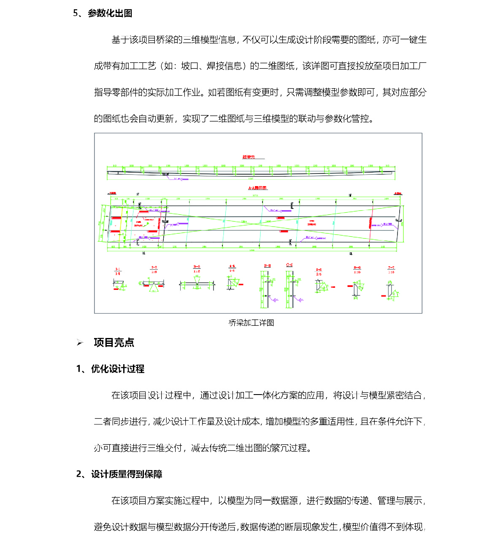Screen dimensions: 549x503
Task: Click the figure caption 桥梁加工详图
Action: point(251,323)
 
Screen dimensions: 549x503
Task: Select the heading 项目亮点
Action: point(114,342)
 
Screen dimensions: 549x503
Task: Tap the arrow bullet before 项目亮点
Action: point(80,343)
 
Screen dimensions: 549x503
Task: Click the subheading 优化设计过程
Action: point(118,369)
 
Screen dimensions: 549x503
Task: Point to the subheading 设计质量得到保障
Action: point(127,474)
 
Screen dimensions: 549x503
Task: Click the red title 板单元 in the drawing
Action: point(249,157)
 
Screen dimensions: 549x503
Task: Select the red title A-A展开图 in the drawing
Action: point(257,188)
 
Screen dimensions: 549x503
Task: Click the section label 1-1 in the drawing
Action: point(118,269)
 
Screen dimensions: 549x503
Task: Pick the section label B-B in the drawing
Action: point(267,265)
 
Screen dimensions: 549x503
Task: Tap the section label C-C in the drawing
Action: point(289,265)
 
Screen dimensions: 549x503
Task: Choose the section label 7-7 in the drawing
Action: point(391,268)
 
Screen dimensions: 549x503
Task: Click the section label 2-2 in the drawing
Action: point(154,267)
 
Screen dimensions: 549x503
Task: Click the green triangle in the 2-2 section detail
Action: point(153,288)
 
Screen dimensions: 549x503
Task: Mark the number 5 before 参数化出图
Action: point(76,13)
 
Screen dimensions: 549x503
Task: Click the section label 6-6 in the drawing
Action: point(357,268)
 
